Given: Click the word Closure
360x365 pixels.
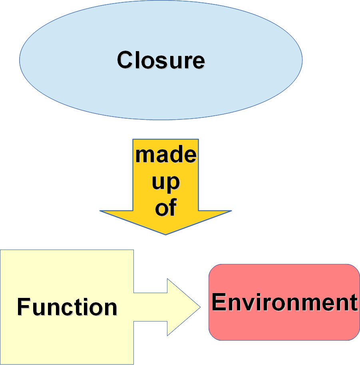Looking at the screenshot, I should [x=161, y=60].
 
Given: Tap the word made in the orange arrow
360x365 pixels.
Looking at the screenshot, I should [x=165, y=155].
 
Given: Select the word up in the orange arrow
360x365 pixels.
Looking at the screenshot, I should [x=165, y=182].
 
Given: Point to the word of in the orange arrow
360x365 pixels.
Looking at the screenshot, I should [x=165, y=208].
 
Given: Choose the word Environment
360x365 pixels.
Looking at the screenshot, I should [x=284, y=302].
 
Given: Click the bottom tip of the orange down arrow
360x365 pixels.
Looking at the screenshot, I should [x=165, y=234].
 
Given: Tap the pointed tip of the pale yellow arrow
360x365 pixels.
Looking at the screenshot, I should [x=199, y=307].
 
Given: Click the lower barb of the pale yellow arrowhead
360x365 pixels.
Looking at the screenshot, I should [x=168, y=334].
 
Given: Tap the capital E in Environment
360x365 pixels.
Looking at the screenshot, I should [x=219, y=302].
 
